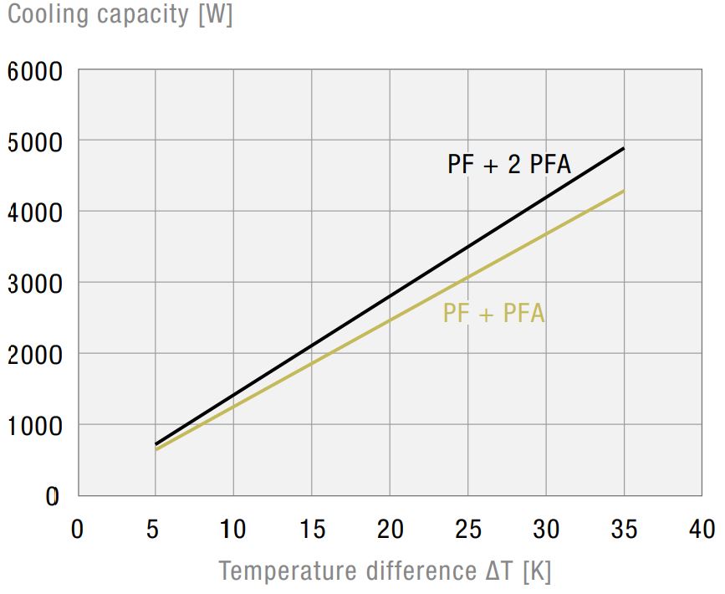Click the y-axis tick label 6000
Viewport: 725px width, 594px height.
[x=35, y=71]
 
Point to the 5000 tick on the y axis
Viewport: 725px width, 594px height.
[x=35, y=142]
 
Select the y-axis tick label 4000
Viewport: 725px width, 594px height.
[x=35, y=213]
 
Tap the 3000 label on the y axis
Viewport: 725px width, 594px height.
[x=35, y=284]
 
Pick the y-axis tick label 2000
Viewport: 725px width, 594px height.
[x=35, y=355]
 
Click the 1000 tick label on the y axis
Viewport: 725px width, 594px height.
[x=35, y=426]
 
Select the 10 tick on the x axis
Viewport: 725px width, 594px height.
[x=233, y=529]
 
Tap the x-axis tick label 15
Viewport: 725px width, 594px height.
[x=311, y=529]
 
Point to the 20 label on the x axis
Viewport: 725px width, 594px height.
[x=390, y=529]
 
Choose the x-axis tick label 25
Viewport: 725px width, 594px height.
[x=467, y=529]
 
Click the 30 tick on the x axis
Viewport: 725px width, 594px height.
[x=546, y=529]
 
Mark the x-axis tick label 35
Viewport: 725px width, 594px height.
[x=624, y=529]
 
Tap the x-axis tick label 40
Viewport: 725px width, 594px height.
[x=702, y=529]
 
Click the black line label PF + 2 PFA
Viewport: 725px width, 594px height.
[x=508, y=164]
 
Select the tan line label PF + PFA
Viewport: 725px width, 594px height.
[x=493, y=314]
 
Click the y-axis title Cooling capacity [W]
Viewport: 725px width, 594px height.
[x=120, y=14]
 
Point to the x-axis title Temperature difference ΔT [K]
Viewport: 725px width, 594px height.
[x=385, y=571]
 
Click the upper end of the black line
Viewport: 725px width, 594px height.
[x=624, y=149]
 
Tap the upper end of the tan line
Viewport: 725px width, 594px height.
[x=624, y=192]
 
